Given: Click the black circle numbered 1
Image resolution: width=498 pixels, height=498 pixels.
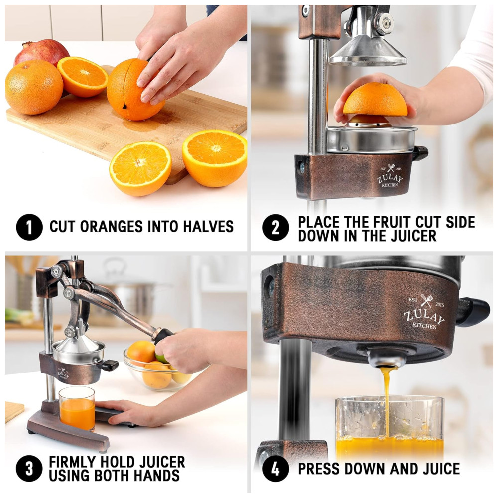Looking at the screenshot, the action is tap(29, 227).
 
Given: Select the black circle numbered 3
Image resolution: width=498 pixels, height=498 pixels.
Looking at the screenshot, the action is tap(29, 469).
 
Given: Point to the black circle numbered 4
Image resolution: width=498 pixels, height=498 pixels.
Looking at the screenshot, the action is tap(276, 469).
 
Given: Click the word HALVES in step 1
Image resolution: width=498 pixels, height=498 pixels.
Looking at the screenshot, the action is tap(208, 227).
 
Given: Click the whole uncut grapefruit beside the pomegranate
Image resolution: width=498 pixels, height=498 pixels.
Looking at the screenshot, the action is tap(34, 87).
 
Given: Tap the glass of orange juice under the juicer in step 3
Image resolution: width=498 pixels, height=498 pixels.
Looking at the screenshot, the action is tap(77, 409).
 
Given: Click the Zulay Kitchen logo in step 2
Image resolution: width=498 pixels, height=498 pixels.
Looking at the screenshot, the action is tap(390, 176).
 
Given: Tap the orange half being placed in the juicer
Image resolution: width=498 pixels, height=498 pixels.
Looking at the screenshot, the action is tap(375, 100).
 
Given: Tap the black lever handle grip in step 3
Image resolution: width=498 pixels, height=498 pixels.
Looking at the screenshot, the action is tap(163, 336).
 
